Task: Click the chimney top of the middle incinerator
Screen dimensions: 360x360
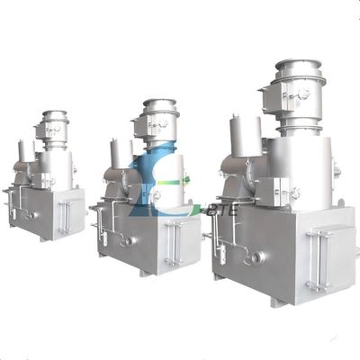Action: (160, 104)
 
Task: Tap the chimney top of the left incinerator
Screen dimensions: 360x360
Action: (55, 115)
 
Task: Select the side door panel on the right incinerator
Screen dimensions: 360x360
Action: (319, 259)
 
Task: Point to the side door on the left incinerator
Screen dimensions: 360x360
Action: (65, 217)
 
